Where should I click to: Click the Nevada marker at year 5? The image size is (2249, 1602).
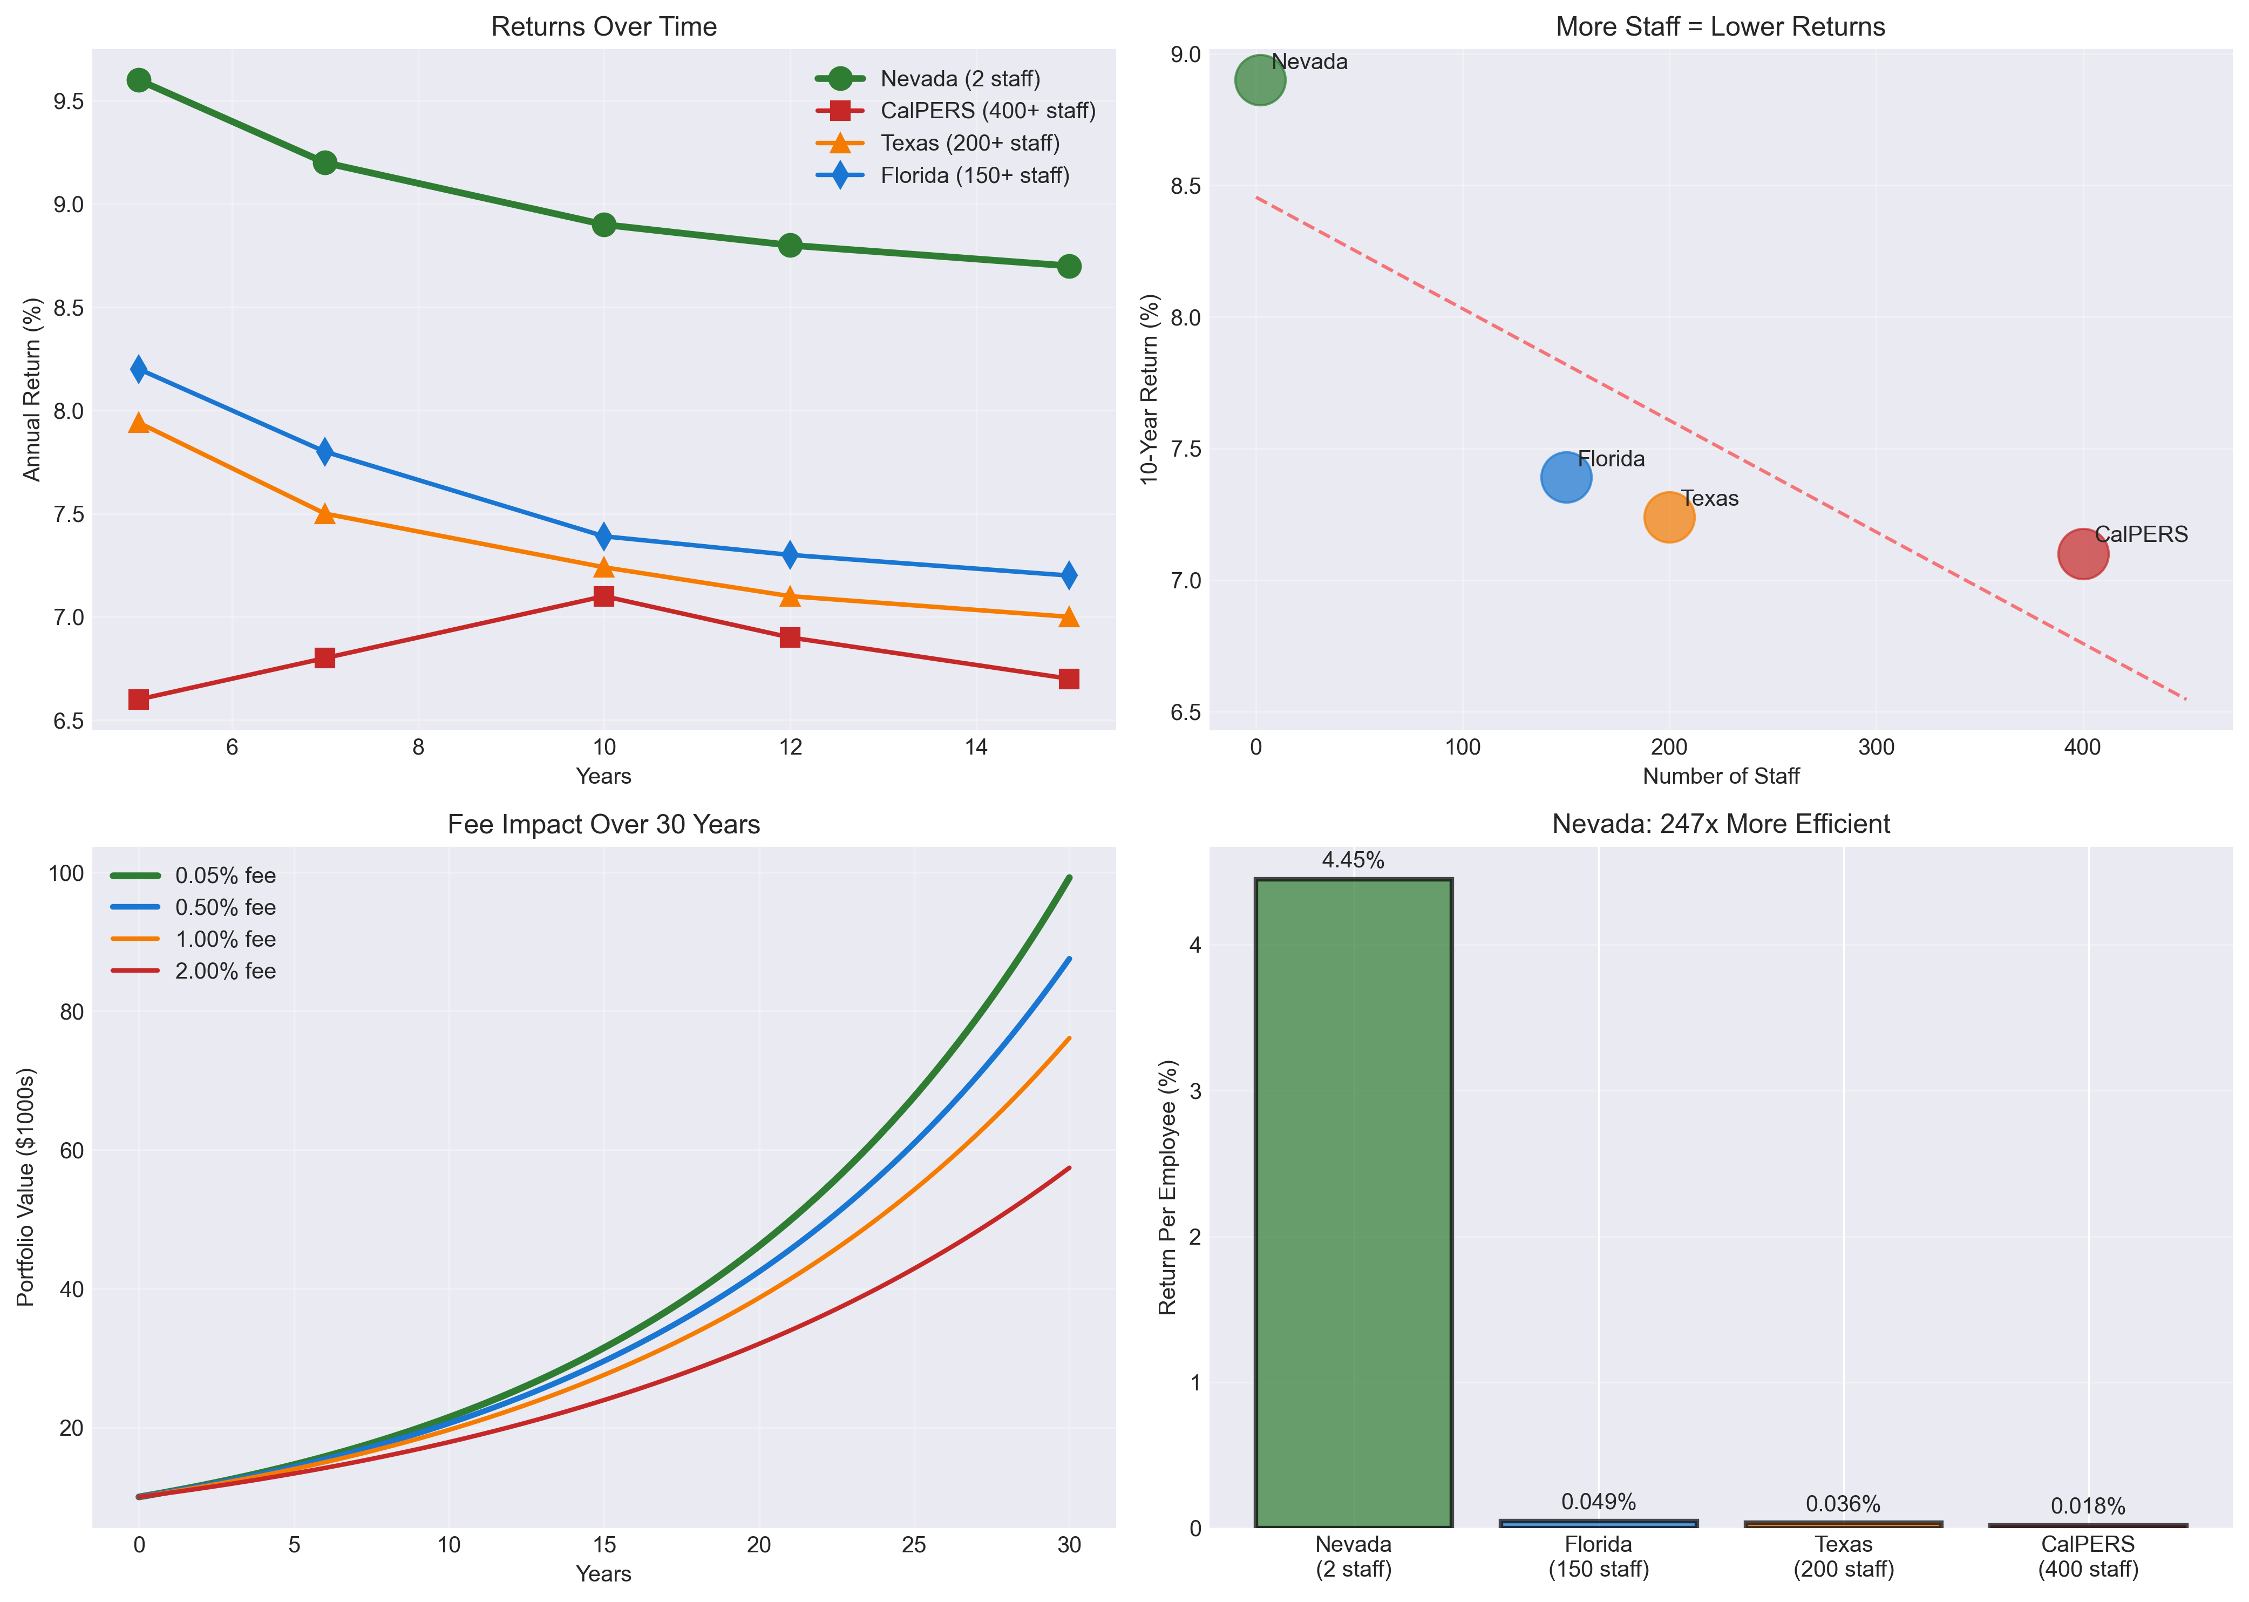point(139,80)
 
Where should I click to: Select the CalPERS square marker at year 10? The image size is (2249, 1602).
point(604,596)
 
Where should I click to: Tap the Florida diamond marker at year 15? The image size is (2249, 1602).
point(1068,575)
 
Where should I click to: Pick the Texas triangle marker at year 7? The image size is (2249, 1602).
point(324,514)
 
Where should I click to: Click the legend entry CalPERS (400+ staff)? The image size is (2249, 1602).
point(987,111)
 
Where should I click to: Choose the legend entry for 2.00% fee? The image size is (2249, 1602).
point(225,970)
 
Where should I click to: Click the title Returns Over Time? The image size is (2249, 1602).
point(604,26)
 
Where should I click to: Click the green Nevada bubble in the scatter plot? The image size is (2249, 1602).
point(1260,80)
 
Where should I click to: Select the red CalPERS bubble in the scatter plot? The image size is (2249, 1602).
point(2082,553)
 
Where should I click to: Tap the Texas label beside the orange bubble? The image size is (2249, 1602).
point(1709,498)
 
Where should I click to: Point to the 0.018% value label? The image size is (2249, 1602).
point(2087,1506)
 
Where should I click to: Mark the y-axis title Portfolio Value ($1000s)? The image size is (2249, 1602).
point(26,1187)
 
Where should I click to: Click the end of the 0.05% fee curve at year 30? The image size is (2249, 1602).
point(1068,877)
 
